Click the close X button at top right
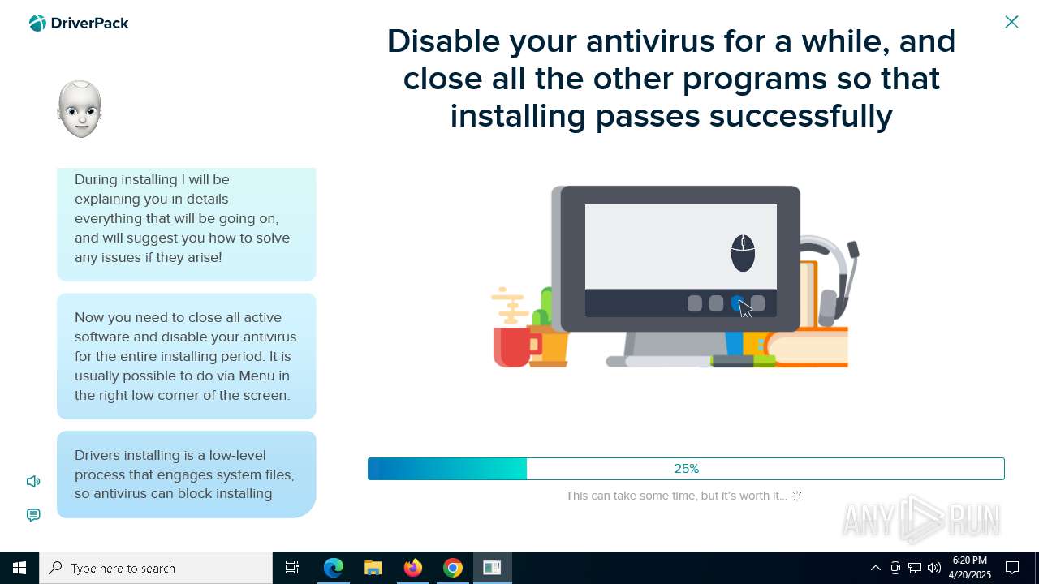point(1011,22)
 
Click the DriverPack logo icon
point(37,23)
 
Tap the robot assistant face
point(80,109)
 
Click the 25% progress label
point(687,469)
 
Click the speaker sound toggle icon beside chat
point(33,482)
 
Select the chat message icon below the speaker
point(33,515)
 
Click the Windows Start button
point(19,568)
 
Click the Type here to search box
point(156,568)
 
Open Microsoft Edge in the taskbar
point(333,568)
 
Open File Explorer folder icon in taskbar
point(373,568)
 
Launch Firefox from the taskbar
point(413,567)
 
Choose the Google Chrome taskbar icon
point(453,568)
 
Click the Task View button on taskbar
point(292,568)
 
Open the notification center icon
point(1011,568)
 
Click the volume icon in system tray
point(934,568)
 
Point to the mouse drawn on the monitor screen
point(743,253)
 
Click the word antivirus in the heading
point(650,41)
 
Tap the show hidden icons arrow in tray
point(876,568)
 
